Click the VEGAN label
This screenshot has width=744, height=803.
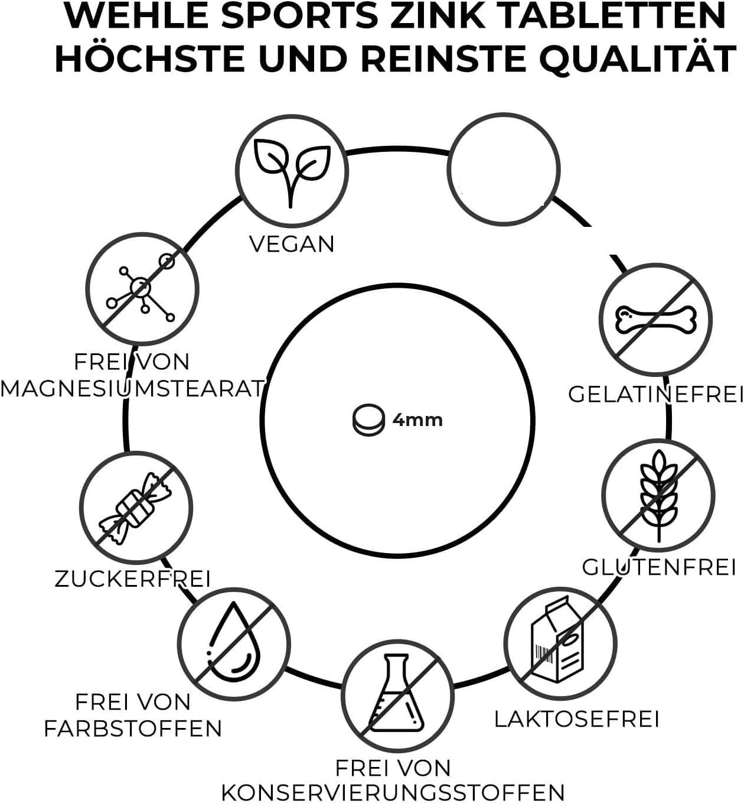pyautogui.click(x=292, y=244)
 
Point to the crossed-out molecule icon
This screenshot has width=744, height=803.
pyautogui.click(x=142, y=289)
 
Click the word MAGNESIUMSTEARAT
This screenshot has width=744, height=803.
pyautogui.click(x=132, y=389)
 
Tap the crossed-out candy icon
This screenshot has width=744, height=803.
pyautogui.click(x=136, y=508)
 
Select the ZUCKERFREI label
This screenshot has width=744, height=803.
pyautogui.click(x=132, y=579)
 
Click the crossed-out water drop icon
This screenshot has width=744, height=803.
pyautogui.click(x=234, y=645)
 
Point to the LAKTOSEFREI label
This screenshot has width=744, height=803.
pyautogui.click(x=577, y=720)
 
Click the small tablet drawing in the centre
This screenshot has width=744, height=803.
pyautogui.click(x=368, y=420)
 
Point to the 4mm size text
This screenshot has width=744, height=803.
pyautogui.click(x=417, y=420)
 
